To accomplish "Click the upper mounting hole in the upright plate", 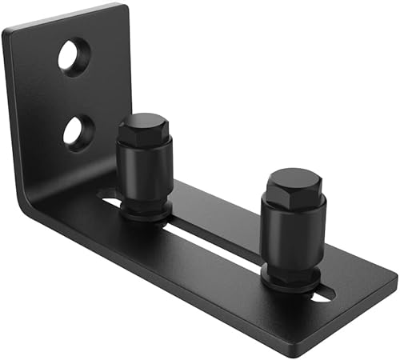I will point(74,58).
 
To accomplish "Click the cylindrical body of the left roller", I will point(146,170).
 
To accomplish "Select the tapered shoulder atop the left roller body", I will point(145,147).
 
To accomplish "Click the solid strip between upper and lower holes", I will point(76,94).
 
